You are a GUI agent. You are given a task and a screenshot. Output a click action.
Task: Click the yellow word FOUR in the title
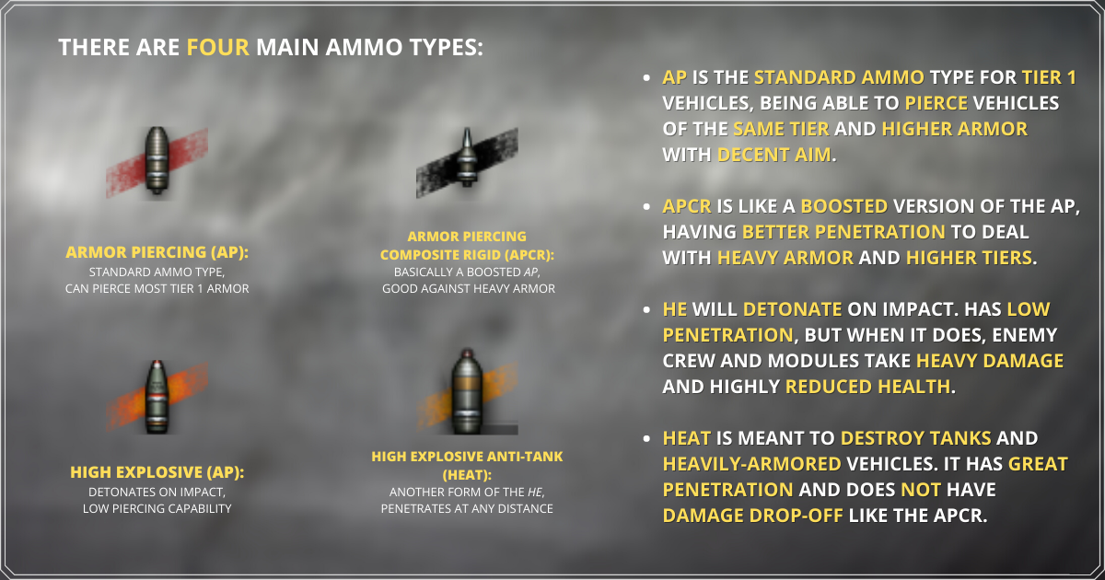pos(217,47)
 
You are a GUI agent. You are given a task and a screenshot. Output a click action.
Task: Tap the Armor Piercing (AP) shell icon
pos(157,161)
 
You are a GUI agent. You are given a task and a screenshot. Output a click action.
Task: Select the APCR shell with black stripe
pos(467,157)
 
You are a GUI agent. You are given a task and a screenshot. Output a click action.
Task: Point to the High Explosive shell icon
pos(157,397)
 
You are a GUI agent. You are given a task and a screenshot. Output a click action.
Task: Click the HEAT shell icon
pos(467,391)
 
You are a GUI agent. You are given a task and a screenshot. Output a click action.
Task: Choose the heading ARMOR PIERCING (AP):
pos(157,252)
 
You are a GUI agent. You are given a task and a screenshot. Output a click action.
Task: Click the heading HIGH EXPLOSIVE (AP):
pos(157,472)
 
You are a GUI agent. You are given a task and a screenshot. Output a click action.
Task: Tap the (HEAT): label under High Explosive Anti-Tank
pos(467,475)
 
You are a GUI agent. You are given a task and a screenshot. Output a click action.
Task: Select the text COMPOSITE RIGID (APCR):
pos(467,255)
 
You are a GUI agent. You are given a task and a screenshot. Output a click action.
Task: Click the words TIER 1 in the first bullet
pos(1049,77)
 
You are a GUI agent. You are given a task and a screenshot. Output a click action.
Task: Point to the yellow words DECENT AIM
pos(774,155)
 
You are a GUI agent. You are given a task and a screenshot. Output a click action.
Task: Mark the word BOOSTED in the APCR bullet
pos(844,206)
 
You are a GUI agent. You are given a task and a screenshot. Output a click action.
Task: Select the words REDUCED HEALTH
pos(867,387)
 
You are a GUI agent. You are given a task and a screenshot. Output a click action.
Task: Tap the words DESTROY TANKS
pos(915,438)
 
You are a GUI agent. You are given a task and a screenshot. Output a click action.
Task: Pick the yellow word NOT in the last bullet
pos(921,490)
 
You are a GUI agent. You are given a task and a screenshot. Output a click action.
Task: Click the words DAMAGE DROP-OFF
pos(753,516)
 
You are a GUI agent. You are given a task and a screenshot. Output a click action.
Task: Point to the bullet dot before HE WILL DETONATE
pos(646,309)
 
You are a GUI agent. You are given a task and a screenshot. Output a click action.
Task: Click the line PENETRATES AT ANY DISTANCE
pos(467,508)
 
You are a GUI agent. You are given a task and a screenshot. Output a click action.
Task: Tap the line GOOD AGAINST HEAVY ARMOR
pos(469,288)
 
